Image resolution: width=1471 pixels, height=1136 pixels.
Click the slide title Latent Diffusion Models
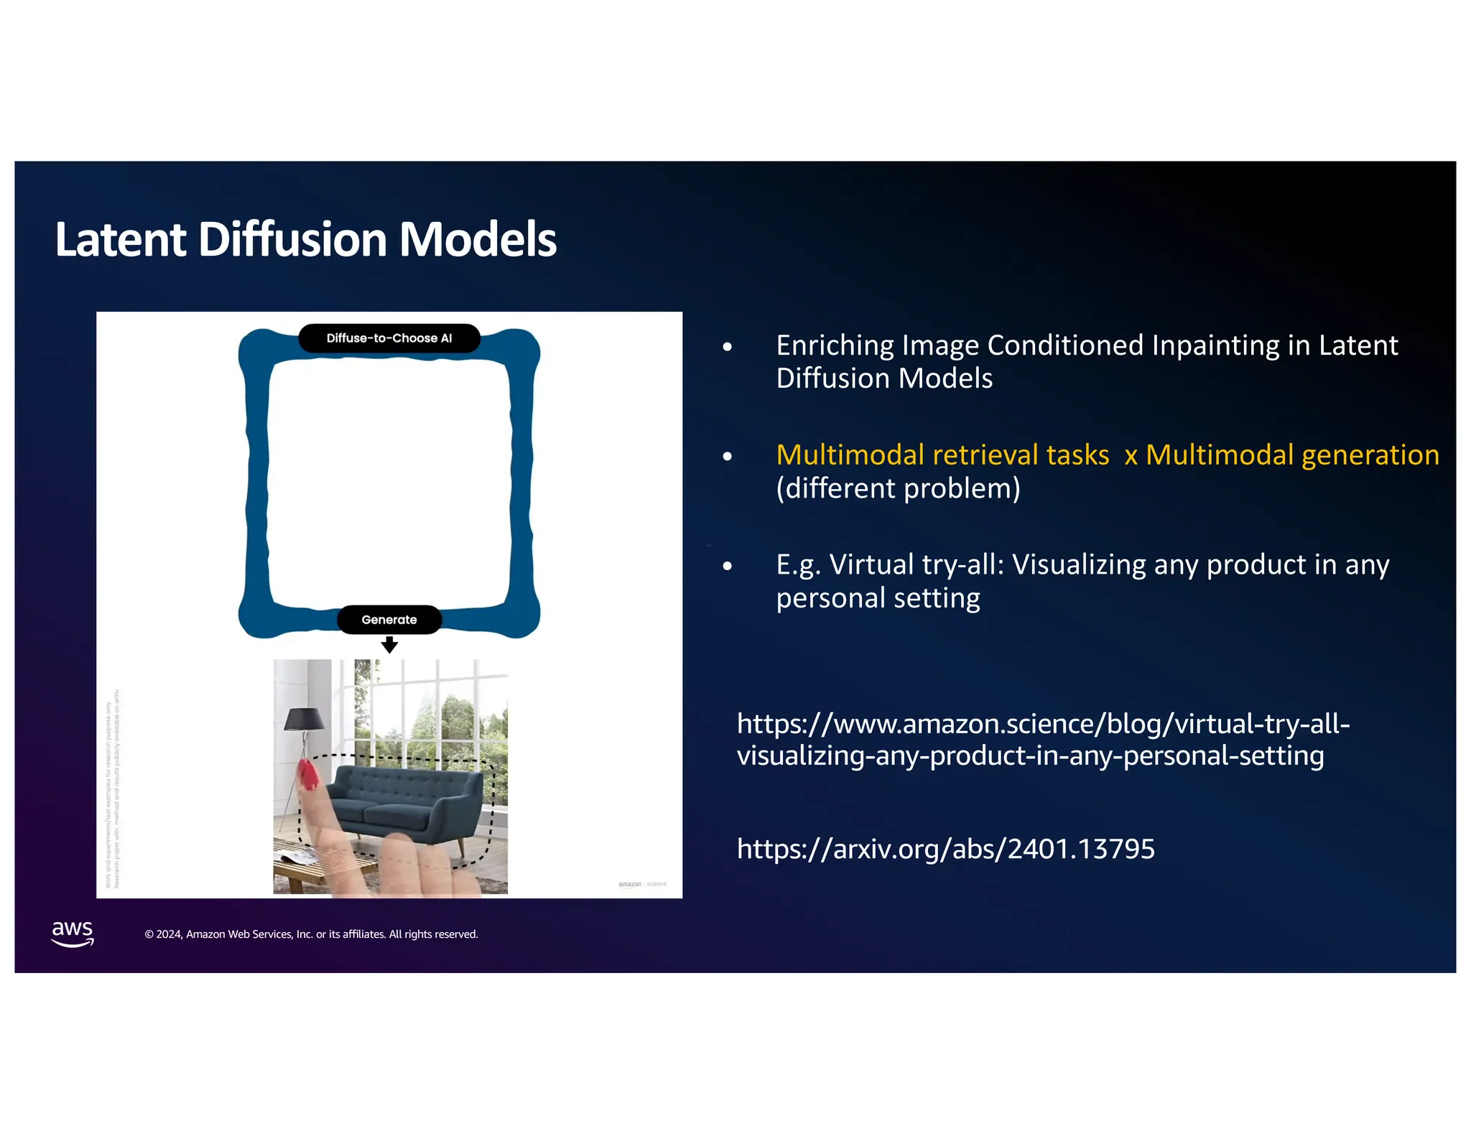coord(305,239)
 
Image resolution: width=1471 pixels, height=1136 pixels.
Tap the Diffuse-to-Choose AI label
coord(389,338)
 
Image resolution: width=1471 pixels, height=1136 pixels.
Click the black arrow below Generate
coord(389,646)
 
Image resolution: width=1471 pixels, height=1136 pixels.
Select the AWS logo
coord(73,933)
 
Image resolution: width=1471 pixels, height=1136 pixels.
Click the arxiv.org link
coord(945,849)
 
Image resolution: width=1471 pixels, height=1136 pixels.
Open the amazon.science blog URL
coord(1043,739)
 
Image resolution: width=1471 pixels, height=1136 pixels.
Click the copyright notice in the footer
coord(311,934)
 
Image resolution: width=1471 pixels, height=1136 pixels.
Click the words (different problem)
coord(898,488)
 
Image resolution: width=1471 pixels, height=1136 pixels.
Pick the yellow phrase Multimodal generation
coord(1292,455)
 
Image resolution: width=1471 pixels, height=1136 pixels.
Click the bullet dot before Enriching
coord(728,348)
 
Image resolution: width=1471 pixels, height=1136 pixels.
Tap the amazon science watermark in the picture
coord(642,884)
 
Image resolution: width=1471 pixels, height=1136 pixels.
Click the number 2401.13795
coord(1081,849)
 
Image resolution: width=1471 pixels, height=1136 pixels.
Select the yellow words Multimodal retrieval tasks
coord(942,455)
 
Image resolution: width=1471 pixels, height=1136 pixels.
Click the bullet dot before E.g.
coord(728,567)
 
